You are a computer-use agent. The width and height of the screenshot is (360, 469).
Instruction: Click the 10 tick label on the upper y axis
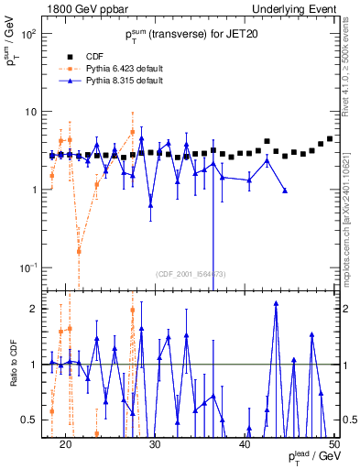34,112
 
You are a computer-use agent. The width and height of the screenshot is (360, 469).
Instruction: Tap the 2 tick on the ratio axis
37,309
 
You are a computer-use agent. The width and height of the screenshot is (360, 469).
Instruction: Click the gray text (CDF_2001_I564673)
191,274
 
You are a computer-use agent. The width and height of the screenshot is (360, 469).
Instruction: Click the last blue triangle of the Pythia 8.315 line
285,191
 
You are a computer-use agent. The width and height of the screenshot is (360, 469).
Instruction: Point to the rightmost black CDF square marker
330,139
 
